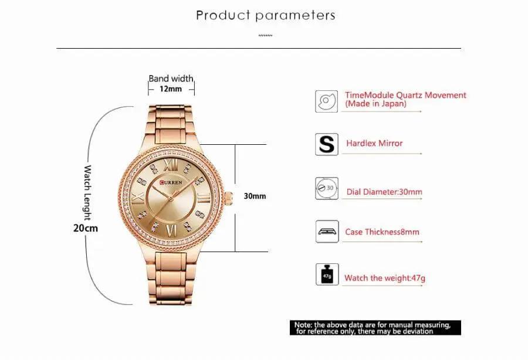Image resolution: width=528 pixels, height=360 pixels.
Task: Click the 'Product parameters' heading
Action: pyautogui.click(x=266, y=15)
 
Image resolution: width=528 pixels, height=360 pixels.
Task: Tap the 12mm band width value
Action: pyautogui.click(x=170, y=89)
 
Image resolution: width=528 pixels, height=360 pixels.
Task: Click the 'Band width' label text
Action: pyautogui.click(x=171, y=79)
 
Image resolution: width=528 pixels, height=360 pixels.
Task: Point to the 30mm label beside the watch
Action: pyautogui.click(x=255, y=196)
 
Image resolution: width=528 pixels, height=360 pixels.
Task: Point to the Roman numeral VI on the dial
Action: pyautogui.click(x=172, y=230)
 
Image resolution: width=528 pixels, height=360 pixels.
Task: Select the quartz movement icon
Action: pyautogui.click(x=326, y=100)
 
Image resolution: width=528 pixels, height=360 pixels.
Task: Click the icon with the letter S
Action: pyautogui.click(x=326, y=144)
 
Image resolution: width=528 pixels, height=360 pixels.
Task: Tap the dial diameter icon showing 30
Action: pyautogui.click(x=326, y=188)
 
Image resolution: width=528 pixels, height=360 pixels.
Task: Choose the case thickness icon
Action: pyautogui.click(x=326, y=232)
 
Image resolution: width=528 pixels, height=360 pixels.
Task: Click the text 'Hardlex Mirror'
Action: pyautogui.click(x=374, y=143)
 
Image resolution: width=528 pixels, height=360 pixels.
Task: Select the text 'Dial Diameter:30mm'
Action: pyautogui.click(x=384, y=192)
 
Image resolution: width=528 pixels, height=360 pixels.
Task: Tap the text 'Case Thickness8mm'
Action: pyautogui.click(x=382, y=232)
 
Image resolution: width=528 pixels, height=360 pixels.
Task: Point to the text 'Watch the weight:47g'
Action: pyautogui.click(x=384, y=278)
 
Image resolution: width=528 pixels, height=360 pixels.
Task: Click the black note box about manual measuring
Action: pyautogui.click(x=376, y=328)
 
